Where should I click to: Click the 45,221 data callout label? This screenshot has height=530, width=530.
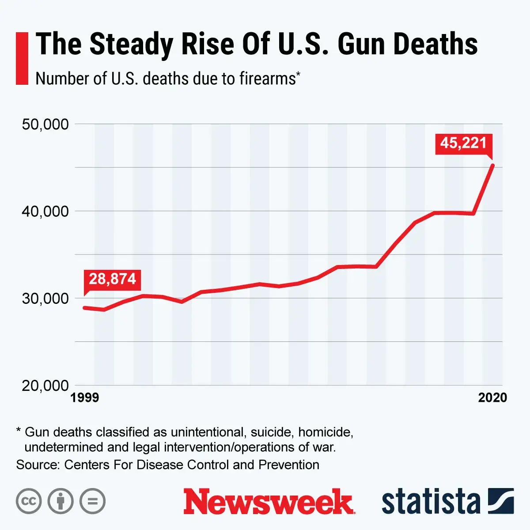(463, 143)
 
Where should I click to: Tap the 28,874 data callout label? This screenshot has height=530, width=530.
(112, 280)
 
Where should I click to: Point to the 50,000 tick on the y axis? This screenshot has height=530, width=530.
(45, 124)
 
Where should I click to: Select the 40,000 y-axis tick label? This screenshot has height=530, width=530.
(45, 211)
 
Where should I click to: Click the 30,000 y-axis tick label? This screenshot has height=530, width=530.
(45, 298)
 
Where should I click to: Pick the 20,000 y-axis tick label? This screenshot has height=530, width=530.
(45, 385)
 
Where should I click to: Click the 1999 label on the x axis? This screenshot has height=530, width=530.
(84, 398)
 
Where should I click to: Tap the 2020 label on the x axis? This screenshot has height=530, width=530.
(492, 398)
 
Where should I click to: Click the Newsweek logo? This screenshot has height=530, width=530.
(269, 501)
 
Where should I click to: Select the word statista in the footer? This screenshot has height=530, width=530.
(431, 502)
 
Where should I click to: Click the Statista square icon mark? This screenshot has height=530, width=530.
(501, 501)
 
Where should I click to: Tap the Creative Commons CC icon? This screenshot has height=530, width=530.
(29, 501)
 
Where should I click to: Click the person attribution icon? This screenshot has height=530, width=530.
(61, 501)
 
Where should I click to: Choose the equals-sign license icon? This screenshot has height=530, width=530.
(92, 501)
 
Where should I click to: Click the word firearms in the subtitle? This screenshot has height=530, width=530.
(267, 79)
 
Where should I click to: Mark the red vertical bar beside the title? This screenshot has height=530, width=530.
(22, 58)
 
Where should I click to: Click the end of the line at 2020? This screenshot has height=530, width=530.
(493, 166)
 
